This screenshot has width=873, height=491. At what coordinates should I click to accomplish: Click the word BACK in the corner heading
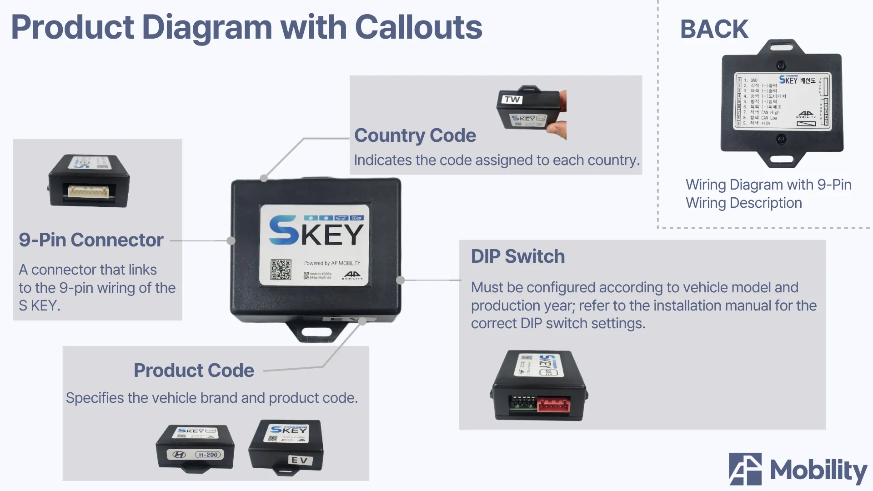pos(714,29)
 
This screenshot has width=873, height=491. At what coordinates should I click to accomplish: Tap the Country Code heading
pos(415,135)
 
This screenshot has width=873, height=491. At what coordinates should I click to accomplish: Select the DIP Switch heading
pos(517,256)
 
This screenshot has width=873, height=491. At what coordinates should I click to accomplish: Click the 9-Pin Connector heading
pos(91,240)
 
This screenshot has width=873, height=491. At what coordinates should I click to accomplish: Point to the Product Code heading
pos(194,371)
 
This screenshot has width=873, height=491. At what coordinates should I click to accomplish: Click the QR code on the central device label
pos(281,270)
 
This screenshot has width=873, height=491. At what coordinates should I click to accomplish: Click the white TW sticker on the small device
pos(512,99)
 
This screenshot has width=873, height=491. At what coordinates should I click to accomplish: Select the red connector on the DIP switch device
pos(553,404)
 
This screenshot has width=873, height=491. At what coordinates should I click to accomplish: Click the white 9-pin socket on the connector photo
pos(89,191)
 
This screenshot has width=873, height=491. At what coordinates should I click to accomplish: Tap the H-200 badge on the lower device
pos(208,455)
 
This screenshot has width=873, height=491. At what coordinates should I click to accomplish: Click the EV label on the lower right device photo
pos(300,460)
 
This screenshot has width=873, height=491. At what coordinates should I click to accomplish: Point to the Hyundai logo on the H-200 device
pos(179,455)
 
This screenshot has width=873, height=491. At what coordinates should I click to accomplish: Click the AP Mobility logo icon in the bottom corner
pos(745,469)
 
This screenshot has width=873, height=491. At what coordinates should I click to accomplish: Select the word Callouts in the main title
pos(418,27)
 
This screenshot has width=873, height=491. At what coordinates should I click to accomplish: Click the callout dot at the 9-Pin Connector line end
pos(231,240)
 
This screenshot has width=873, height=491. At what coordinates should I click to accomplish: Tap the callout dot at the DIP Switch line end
pos(401,280)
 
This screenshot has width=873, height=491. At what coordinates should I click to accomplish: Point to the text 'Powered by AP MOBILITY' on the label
pos(332,263)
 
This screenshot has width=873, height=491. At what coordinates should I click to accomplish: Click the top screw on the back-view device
pos(781,65)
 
